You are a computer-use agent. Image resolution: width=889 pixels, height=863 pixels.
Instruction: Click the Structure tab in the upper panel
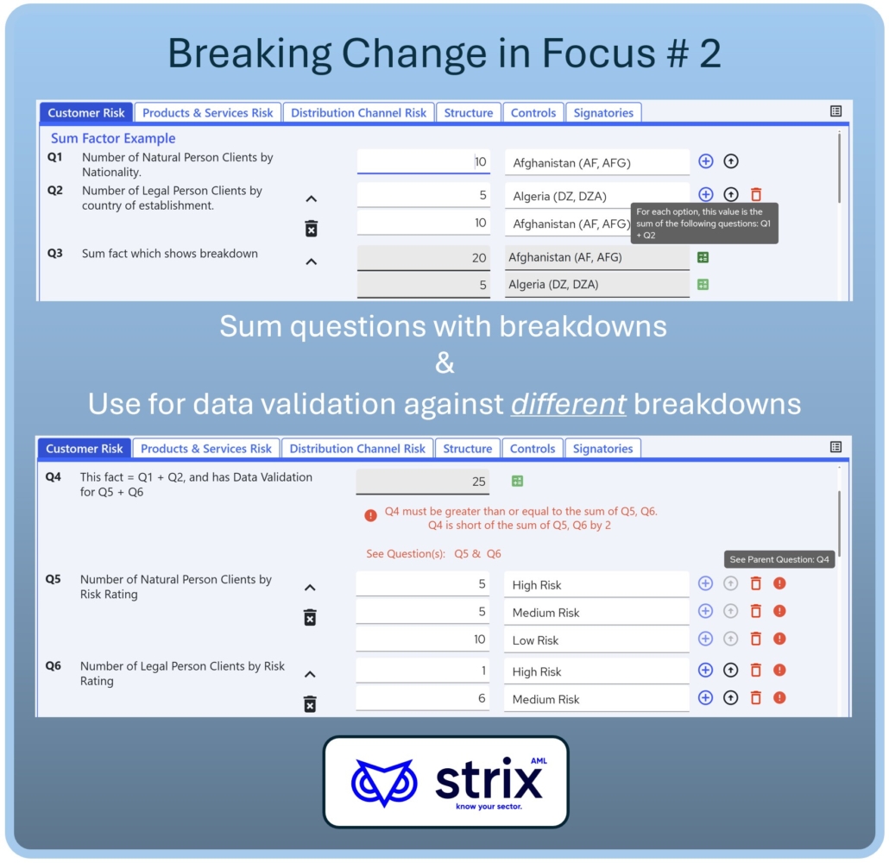click(469, 112)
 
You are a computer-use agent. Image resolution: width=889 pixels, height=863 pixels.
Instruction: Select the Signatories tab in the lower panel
click(602, 449)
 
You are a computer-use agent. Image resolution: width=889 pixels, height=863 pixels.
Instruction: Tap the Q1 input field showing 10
click(424, 161)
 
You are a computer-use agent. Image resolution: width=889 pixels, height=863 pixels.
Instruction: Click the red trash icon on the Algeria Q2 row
click(756, 194)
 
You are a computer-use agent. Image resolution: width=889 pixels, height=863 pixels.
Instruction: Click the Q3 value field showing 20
click(424, 257)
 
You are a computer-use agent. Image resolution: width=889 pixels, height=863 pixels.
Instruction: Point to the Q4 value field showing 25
click(423, 482)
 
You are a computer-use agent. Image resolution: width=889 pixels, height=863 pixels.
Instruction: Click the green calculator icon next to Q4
click(517, 481)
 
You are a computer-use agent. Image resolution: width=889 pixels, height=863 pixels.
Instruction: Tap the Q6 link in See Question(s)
click(494, 553)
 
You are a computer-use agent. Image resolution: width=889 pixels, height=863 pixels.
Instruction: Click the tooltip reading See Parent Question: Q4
click(779, 559)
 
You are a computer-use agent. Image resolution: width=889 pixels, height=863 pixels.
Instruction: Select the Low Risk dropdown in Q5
click(596, 640)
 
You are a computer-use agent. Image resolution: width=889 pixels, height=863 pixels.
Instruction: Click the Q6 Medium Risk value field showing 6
click(423, 698)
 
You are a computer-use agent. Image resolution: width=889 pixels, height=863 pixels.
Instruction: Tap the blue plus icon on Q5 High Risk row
click(705, 583)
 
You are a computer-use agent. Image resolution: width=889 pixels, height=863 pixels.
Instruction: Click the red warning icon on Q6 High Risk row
click(779, 670)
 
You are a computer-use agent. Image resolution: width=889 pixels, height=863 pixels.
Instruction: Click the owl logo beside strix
click(384, 783)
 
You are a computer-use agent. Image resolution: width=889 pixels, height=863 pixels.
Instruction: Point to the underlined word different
click(569, 404)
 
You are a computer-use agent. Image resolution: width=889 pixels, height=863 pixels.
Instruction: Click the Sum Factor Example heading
click(113, 138)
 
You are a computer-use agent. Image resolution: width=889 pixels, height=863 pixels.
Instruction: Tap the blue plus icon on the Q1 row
click(705, 161)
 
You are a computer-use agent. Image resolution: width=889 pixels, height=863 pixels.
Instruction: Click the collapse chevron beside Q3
click(312, 261)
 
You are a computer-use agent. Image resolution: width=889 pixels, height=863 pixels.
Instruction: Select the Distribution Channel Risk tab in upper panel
click(358, 112)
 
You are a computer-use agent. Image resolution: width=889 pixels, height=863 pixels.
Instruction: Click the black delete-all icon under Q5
click(310, 618)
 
